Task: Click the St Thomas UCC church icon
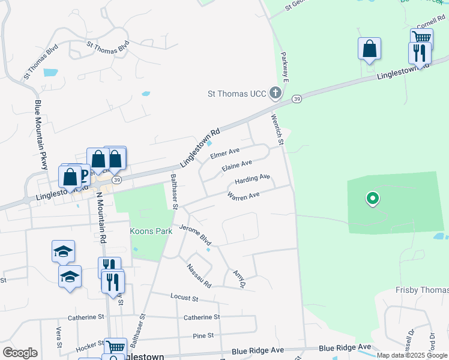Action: (276, 93)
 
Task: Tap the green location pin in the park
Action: (372, 198)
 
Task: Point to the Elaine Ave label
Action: (237, 166)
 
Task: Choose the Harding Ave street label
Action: (252, 179)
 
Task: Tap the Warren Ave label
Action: (243, 195)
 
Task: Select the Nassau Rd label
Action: (199, 275)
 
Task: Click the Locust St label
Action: (184, 298)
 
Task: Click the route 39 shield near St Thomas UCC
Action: (297, 98)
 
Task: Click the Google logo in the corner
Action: (20, 353)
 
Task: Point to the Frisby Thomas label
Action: (422, 290)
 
